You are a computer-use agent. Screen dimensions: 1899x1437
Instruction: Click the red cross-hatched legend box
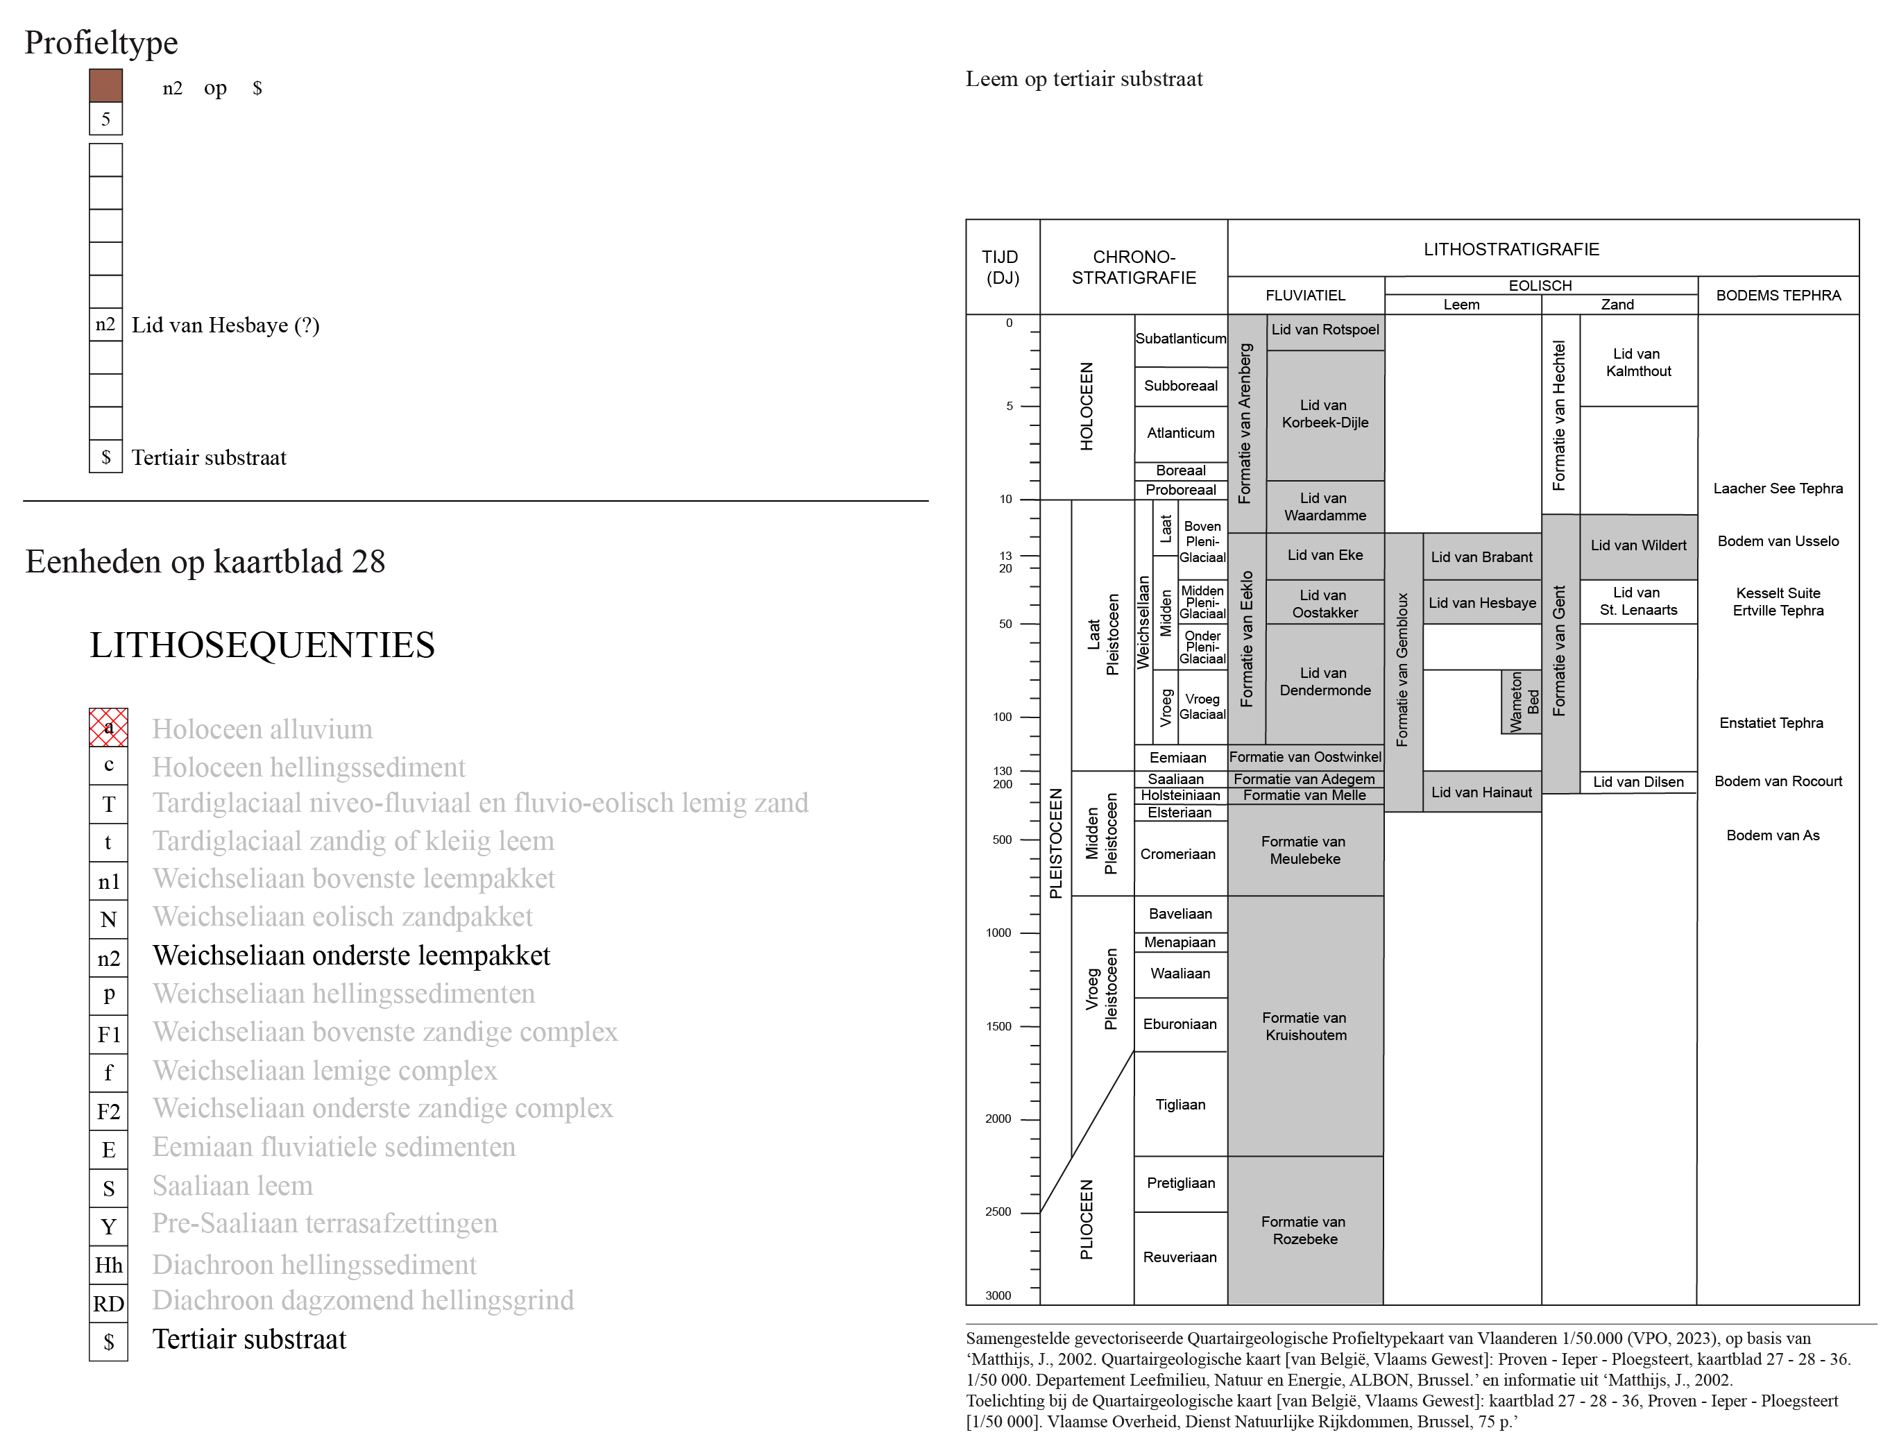point(108,727)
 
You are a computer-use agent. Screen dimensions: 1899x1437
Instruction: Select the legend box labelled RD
point(108,1303)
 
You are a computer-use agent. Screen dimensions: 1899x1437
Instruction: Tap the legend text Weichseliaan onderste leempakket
point(351,955)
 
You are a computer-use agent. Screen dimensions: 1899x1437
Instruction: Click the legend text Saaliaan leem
point(232,1186)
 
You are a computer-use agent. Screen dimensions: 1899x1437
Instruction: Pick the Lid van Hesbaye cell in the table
point(1482,602)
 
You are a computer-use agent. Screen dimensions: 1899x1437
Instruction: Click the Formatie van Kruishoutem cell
point(1305,1026)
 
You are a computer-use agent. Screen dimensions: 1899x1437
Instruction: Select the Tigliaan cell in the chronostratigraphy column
point(1180,1104)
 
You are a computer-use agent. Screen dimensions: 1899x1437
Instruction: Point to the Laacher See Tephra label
point(1778,488)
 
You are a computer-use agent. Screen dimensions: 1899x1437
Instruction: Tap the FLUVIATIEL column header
point(1305,296)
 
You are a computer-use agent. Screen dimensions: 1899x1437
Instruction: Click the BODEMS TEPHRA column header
point(1778,296)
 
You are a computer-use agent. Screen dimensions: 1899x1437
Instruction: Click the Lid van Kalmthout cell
point(1638,362)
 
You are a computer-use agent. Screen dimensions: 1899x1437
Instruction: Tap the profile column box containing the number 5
point(105,119)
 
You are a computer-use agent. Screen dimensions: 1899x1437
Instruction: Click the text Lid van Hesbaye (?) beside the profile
point(225,325)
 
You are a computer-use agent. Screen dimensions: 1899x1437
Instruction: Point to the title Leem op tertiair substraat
point(1084,79)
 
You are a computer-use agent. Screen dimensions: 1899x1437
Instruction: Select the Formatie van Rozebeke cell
point(1305,1230)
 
